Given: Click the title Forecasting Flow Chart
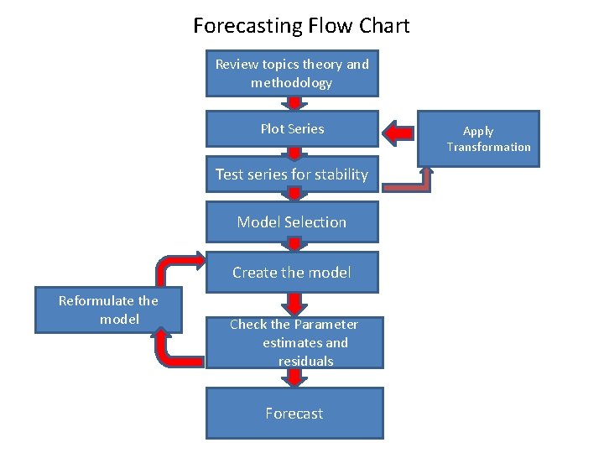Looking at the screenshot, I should [x=301, y=25].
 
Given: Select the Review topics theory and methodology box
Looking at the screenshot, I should [x=292, y=74].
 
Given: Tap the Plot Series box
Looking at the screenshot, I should [x=292, y=129].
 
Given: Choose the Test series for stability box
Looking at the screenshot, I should [x=292, y=174].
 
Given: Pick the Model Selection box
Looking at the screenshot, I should [x=292, y=222].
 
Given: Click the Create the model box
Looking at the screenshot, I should [x=292, y=273].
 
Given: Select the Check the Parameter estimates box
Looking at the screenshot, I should [x=294, y=342].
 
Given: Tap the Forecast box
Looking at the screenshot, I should [x=294, y=414].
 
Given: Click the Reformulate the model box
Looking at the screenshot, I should [x=108, y=310].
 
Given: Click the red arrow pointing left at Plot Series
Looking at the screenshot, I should [x=399, y=133].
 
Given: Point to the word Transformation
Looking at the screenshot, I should [x=488, y=148].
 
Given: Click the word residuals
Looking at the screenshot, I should [x=306, y=362].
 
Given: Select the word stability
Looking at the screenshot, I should [x=341, y=174].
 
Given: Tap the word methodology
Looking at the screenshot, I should [x=291, y=83].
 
